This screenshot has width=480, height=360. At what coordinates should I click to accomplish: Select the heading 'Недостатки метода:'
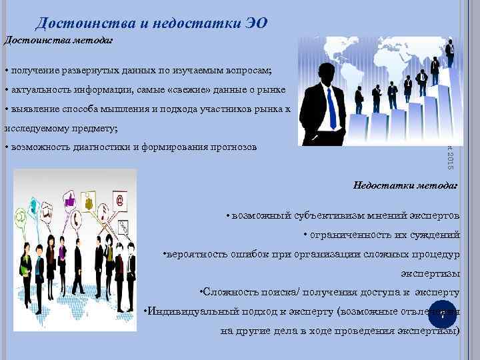click(405, 185)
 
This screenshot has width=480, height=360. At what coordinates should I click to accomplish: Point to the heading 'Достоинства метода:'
click(59, 40)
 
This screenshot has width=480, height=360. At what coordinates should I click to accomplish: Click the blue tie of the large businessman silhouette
click(331, 107)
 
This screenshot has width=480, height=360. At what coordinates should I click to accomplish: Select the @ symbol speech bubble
click(120, 199)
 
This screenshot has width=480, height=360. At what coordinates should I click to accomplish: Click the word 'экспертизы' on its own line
click(429, 273)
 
